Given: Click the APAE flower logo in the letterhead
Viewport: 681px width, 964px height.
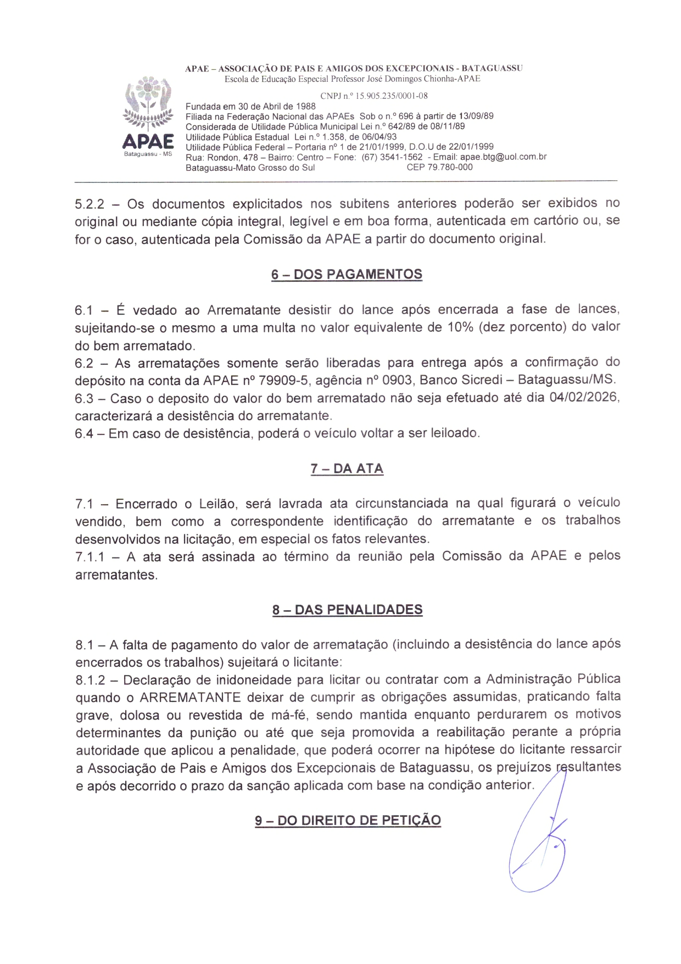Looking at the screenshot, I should click(148, 104).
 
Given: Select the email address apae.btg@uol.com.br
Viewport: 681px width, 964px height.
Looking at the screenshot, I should click(503, 157).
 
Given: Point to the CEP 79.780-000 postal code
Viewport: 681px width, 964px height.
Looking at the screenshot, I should click(439, 168).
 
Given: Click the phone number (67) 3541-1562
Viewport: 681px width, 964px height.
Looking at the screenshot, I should click(392, 157).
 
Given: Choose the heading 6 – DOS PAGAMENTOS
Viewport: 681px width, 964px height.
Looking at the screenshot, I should click(347, 275).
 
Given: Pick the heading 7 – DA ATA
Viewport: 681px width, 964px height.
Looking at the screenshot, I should click(347, 469).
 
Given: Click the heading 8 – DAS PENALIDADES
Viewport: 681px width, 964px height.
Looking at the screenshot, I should click(347, 610).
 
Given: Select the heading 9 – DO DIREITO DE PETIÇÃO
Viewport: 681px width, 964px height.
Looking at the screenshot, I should click(348, 821).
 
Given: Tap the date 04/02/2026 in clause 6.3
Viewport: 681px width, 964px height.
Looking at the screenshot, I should click(584, 397).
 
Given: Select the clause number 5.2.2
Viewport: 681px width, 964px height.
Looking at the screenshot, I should click(90, 204).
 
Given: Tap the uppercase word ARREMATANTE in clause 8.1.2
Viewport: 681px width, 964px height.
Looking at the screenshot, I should click(190, 698).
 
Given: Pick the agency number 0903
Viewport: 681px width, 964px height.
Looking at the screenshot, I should click(397, 380).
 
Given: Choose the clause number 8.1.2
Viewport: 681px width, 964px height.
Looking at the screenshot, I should click(90, 680).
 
